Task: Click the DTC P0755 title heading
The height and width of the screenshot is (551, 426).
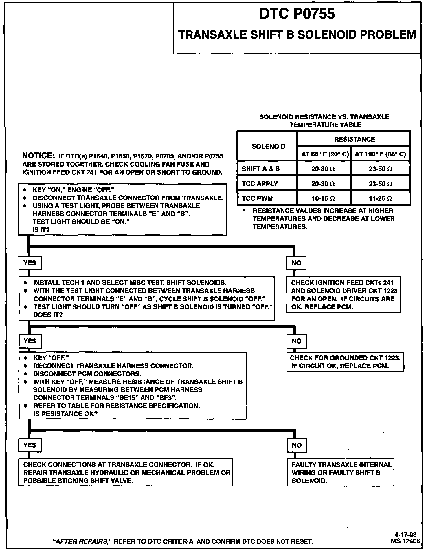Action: [x=297, y=14]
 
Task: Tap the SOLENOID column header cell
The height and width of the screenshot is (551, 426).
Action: [x=268, y=146]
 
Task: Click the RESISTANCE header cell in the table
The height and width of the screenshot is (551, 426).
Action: [x=354, y=139]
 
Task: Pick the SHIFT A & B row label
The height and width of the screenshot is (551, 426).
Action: [x=261, y=169]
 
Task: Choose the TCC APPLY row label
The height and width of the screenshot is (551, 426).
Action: [x=260, y=184]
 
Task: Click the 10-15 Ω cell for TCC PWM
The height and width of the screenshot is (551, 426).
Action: [x=323, y=199]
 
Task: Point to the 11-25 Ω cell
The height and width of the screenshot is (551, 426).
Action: [x=380, y=199]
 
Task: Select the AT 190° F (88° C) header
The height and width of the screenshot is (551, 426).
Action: [x=380, y=154]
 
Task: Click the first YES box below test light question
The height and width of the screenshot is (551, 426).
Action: [x=30, y=263]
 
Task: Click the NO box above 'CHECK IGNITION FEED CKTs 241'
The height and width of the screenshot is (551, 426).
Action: [x=296, y=263]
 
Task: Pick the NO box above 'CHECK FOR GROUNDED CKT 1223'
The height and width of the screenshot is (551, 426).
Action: [x=296, y=341]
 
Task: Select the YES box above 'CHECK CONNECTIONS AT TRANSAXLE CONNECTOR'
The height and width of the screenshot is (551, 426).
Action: [x=30, y=445]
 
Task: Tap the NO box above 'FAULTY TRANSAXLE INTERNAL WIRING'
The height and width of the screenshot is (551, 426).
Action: [x=297, y=445]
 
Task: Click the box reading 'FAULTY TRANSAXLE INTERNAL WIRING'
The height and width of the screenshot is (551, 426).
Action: [x=341, y=473]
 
